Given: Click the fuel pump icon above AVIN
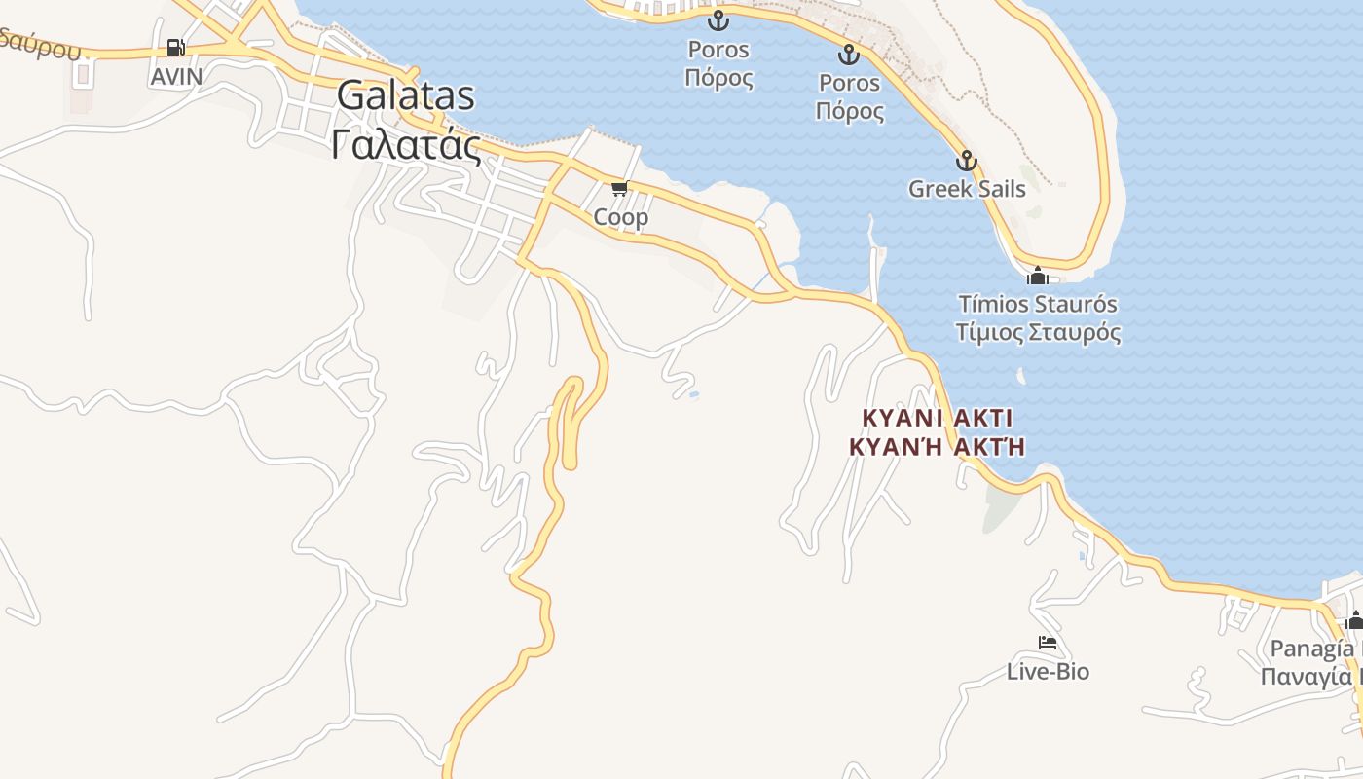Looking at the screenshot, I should (175, 47).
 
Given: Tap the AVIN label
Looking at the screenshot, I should (176, 76).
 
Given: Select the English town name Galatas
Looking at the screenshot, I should (406, 96).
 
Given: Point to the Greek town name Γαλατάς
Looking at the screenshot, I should (406, 146).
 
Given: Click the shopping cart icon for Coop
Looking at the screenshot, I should (619, 188).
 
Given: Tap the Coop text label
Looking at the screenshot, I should (621, 217).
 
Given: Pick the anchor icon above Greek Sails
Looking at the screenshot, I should (966, 161).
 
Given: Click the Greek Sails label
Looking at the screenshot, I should (967, 189).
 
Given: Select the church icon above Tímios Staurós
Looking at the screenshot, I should (1037, 276).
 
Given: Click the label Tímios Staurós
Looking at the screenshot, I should (1038, 304).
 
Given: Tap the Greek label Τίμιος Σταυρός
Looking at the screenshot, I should (1038, 332).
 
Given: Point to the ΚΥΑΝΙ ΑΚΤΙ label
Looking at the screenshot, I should (938, 418).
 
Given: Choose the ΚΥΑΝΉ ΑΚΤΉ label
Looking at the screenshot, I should (938, 447).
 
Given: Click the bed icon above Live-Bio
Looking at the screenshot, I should (1048, 643).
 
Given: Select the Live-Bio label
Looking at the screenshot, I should (1048, 672).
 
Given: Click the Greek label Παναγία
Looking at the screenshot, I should (1310, 677).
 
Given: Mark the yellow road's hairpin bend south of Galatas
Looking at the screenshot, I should (572, 385).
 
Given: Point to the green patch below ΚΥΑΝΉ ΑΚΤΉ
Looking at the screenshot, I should (1000, 506).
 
